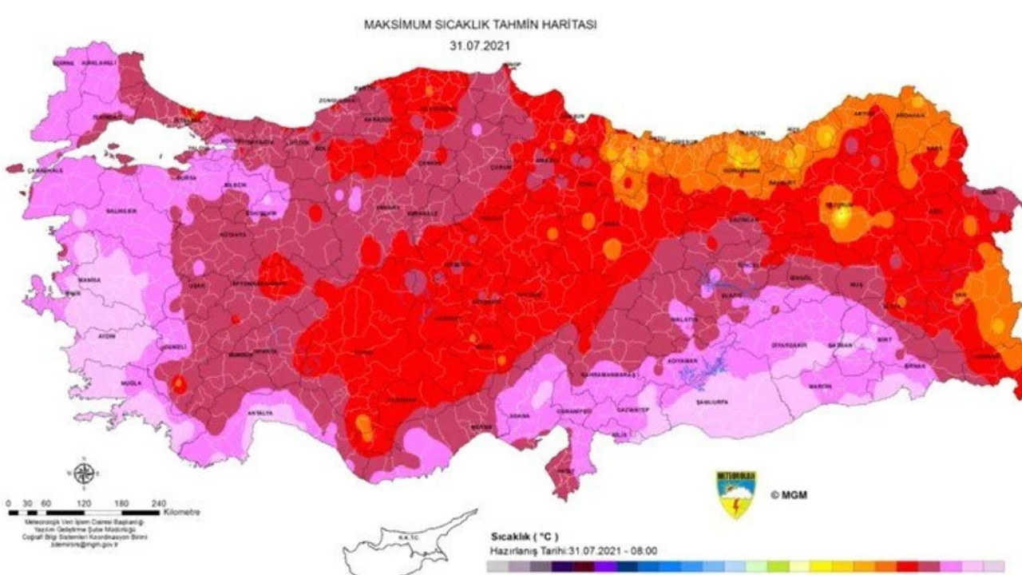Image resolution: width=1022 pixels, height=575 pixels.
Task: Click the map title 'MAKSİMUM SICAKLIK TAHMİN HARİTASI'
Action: coord(480,26)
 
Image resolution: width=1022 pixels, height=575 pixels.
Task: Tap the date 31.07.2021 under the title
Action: coord(480,46)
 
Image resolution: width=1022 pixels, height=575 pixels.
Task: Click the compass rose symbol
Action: coord(85,474)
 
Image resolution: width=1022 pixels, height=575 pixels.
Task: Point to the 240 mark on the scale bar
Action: coord(158,503)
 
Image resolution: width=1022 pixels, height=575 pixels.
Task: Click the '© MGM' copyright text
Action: coord(788,495)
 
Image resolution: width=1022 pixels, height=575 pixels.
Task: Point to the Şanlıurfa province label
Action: coord(709,401)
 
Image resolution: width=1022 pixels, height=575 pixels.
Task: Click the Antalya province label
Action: coord(260,413)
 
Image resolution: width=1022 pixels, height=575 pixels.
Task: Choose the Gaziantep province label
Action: coord(632,410)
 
